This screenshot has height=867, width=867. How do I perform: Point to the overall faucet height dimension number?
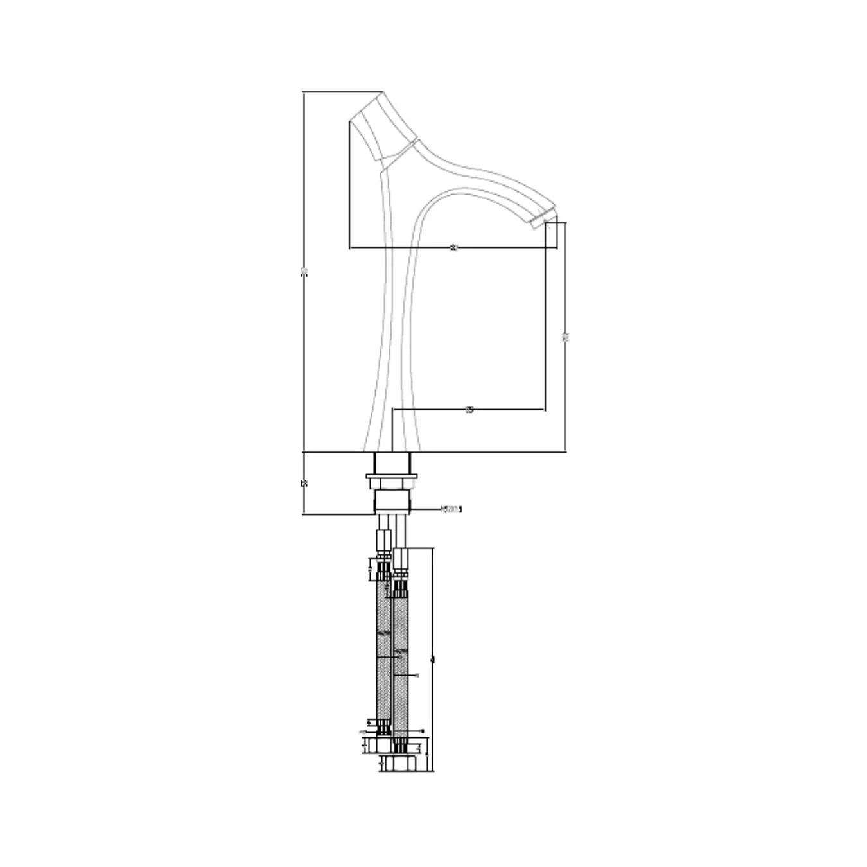click(x=304, y=271)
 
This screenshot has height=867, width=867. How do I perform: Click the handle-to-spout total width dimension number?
click(x=453, y=248)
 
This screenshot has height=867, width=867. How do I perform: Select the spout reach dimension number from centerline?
click(x=469, y=409)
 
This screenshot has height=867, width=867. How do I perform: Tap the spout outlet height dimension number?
click(x=566, y=337)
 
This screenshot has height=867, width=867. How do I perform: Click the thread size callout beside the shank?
click(x=451, y=509)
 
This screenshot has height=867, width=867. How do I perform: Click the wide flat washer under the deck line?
click(x=392, y=476)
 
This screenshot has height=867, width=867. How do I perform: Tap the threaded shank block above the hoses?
click(x=392, y=502)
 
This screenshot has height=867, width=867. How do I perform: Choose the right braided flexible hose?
click(x=401, y=661)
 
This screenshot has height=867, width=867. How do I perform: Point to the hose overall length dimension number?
click(x=433, y=659)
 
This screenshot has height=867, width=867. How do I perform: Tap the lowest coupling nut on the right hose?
click(x=401, y=764)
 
